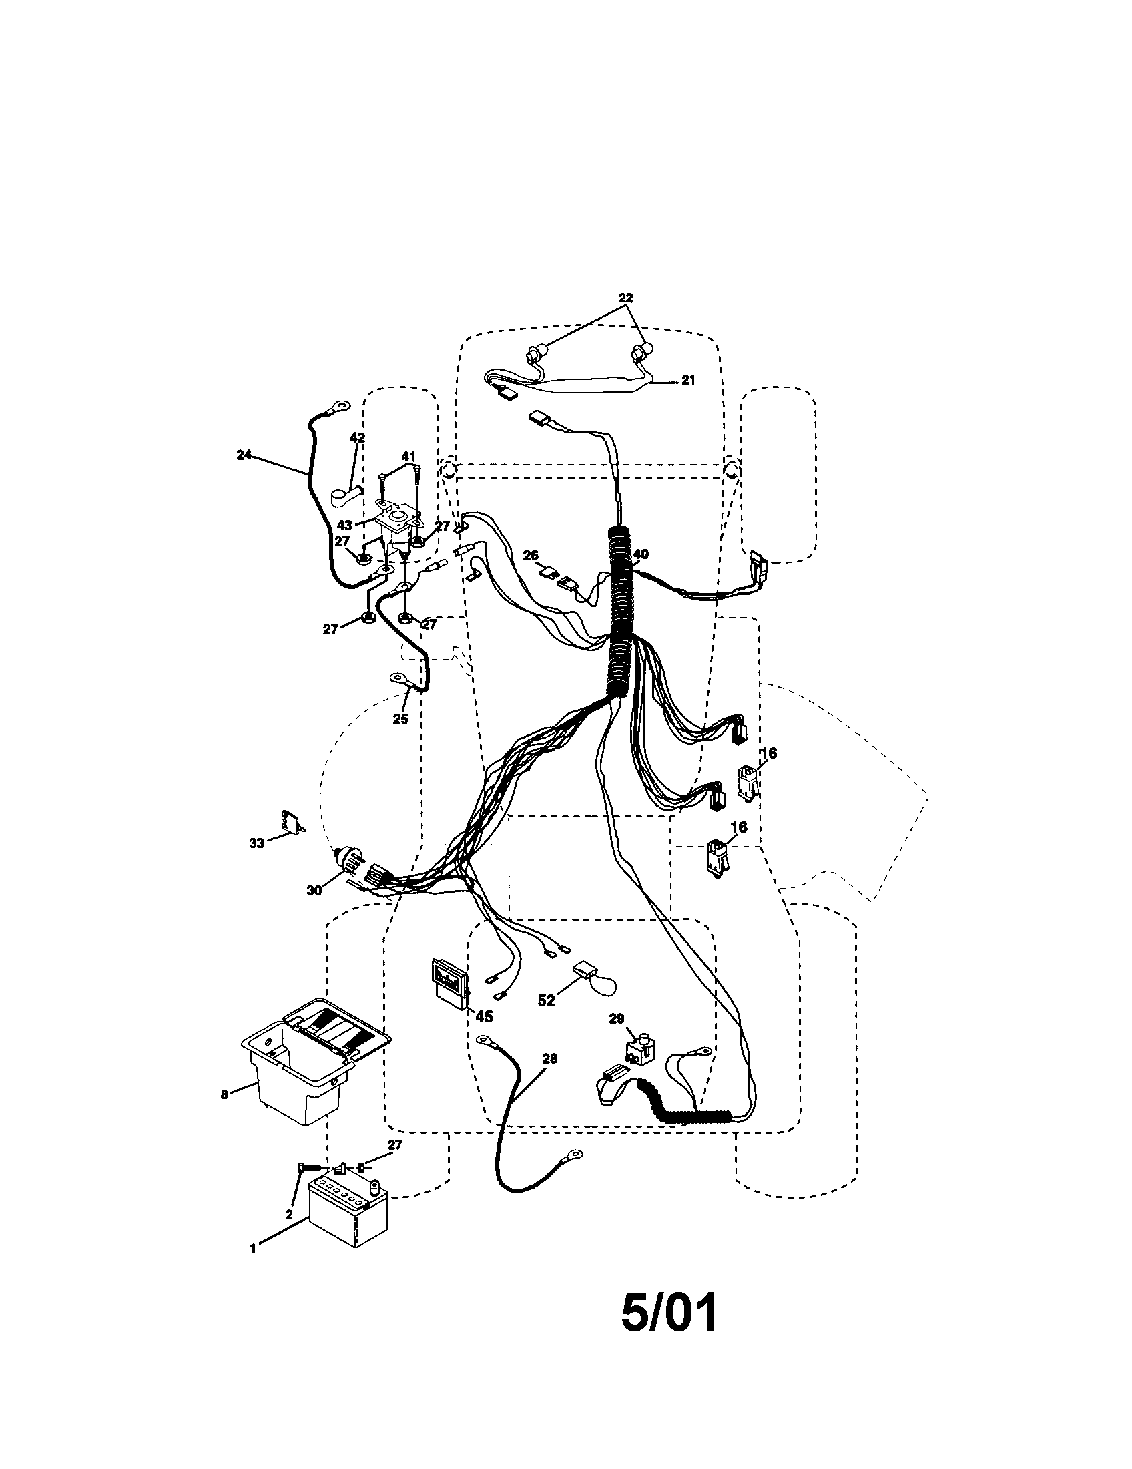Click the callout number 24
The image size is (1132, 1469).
[244, 455]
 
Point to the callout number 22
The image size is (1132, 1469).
[625, 298]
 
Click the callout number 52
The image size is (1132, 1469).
[546, 1020]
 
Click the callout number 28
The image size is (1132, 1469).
[549, 1059]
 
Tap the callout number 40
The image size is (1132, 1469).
[641, 554]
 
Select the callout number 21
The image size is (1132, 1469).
[687, 380]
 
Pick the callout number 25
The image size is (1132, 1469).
[400, 719]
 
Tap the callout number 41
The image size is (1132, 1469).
[408, 457]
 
